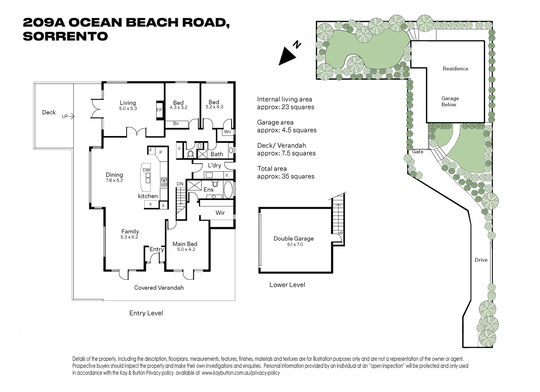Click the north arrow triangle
click(286, 57)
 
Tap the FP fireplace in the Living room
click(159, 110)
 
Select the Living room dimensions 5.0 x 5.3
click(128, 109)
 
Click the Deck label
click(49, 113)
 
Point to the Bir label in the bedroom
click(176, 123)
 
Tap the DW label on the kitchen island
click(146, 170)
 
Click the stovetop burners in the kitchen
click(164, 181)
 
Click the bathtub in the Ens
click(228, 189)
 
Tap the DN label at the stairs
click(180, 184)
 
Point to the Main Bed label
click(185, 244)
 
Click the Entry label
click(157, 249)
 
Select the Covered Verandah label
click(159, 287)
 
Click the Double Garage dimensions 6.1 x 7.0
click(295, 244)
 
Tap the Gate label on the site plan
click(418, 152)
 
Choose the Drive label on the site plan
click(481, 260)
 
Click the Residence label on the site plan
click(455, 69)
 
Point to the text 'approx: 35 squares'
click(286, 176)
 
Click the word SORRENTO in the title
click(65, 36)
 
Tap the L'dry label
click(214, 165)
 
